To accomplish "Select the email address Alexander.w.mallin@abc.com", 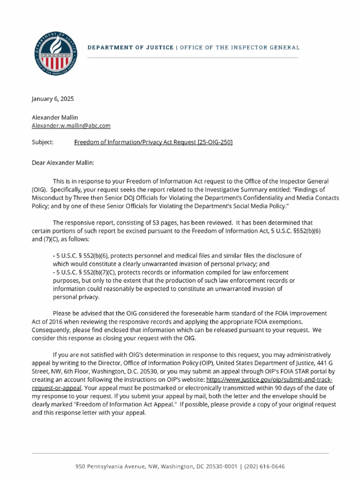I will pos(71,126).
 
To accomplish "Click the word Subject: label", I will pos(42,142).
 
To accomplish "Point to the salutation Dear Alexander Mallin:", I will pos(63,163).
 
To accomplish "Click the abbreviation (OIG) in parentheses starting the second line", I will pos(39,190).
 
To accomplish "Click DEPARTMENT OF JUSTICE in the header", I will pos(130,48).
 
